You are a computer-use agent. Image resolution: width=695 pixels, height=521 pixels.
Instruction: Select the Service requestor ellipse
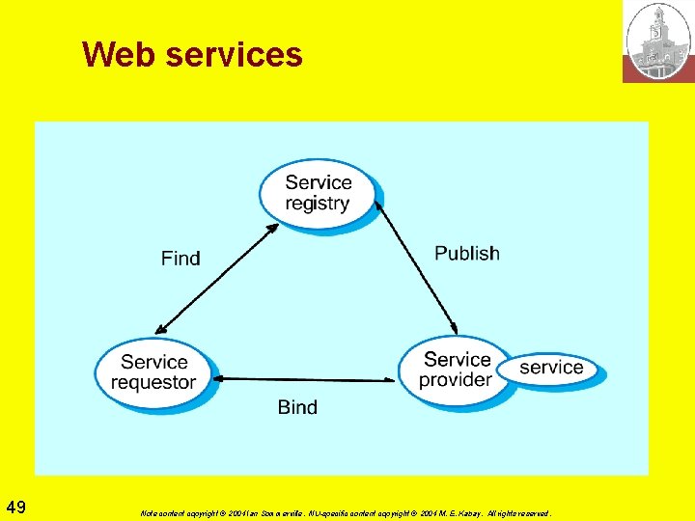(154, 371)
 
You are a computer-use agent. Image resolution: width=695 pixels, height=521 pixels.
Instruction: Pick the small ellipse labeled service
(551, 368)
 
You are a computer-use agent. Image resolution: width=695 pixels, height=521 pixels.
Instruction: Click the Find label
(181, 258)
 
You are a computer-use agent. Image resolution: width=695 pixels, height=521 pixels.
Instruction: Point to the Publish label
(467, 253)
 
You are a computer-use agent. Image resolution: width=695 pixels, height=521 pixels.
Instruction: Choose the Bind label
(297, 407)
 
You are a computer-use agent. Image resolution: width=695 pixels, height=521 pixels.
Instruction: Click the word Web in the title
(120, 54)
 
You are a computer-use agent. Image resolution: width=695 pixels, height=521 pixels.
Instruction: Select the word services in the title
(235, 54)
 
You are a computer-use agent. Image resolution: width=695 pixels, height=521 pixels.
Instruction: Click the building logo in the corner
(658, 41)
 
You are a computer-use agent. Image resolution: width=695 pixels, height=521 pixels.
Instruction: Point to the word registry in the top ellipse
(318, 204)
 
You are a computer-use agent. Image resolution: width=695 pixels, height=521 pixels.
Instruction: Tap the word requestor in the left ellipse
(153, 382)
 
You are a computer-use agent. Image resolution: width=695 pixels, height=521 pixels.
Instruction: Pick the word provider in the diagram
(455, 380)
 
